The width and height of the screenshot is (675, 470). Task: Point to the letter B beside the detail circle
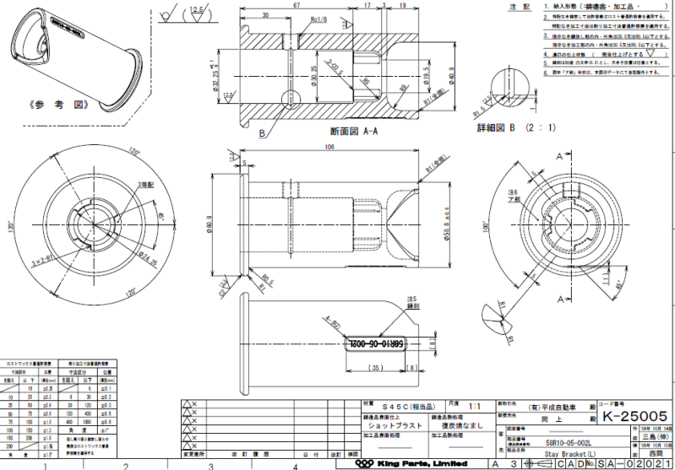(263, 134)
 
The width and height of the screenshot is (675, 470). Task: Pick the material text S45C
(399, 405)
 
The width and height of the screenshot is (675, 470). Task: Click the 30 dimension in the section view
(265, 15)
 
